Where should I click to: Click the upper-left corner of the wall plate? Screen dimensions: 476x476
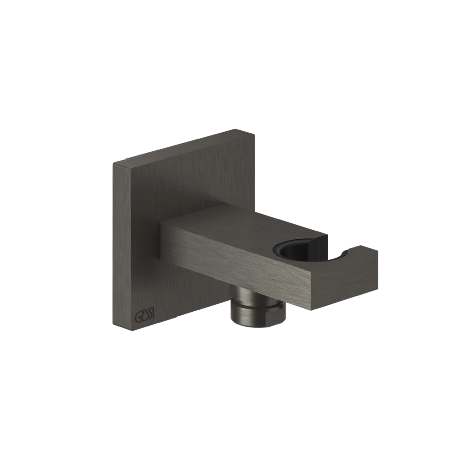pyautogui.click(x=112, y=163)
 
